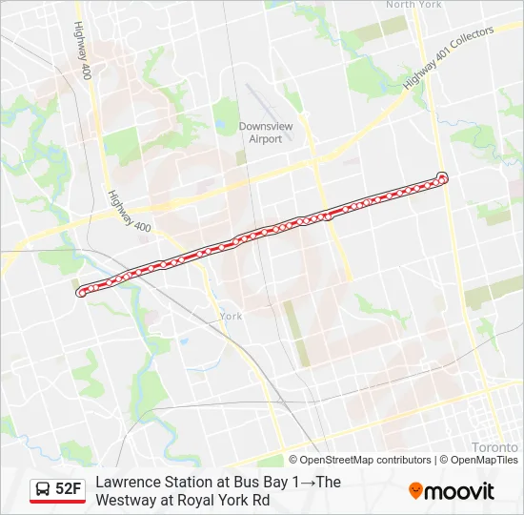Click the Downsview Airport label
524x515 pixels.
(260, 133)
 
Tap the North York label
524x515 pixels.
(413, 5)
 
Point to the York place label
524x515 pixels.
(231, 316)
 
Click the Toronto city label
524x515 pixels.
(494, 446)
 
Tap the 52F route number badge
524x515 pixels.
(69, 489)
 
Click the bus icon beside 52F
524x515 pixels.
(43, 490)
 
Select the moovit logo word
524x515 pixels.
(459, 491)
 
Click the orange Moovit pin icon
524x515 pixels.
(415, 491)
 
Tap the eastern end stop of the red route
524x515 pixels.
(442, 176)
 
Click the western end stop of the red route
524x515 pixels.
(81, 293)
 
